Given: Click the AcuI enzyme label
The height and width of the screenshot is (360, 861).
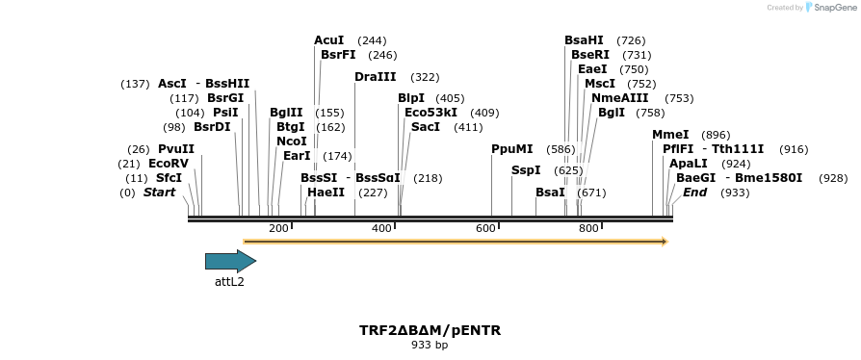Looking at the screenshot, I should click(x=328, y=40).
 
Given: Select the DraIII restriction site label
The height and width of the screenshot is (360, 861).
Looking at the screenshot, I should click(x=375, y=77).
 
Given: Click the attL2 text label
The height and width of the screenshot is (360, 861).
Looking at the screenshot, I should click(x=229, y=282).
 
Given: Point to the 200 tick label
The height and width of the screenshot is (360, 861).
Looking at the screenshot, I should click(x=278, y=228).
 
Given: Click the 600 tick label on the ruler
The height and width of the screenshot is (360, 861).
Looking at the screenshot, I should click(x=485, y=228).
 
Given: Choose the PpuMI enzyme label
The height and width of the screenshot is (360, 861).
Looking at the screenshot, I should click(x=511, y=149).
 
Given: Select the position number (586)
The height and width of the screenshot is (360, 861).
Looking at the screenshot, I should click(x=561, y=150).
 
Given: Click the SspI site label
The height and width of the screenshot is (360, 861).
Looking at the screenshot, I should click(x=526, y=170).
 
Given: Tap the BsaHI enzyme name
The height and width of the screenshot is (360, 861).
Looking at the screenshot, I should click(x=584, y=40).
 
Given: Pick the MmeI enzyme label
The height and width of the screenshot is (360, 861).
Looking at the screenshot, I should click(x=670, y=135).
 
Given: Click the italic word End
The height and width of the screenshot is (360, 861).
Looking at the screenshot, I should click(x=694, y=193).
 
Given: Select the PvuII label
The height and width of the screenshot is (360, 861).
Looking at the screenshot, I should click(x=176, y=149).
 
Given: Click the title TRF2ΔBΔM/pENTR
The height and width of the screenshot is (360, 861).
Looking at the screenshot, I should click(x=430, y=330).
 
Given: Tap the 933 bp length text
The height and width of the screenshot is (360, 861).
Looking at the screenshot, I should click(x=430, y=345).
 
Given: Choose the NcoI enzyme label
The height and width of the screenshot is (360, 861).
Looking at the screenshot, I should click(x=291, y=141).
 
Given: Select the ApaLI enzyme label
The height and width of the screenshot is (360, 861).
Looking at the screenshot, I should click(x=689, y=164).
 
